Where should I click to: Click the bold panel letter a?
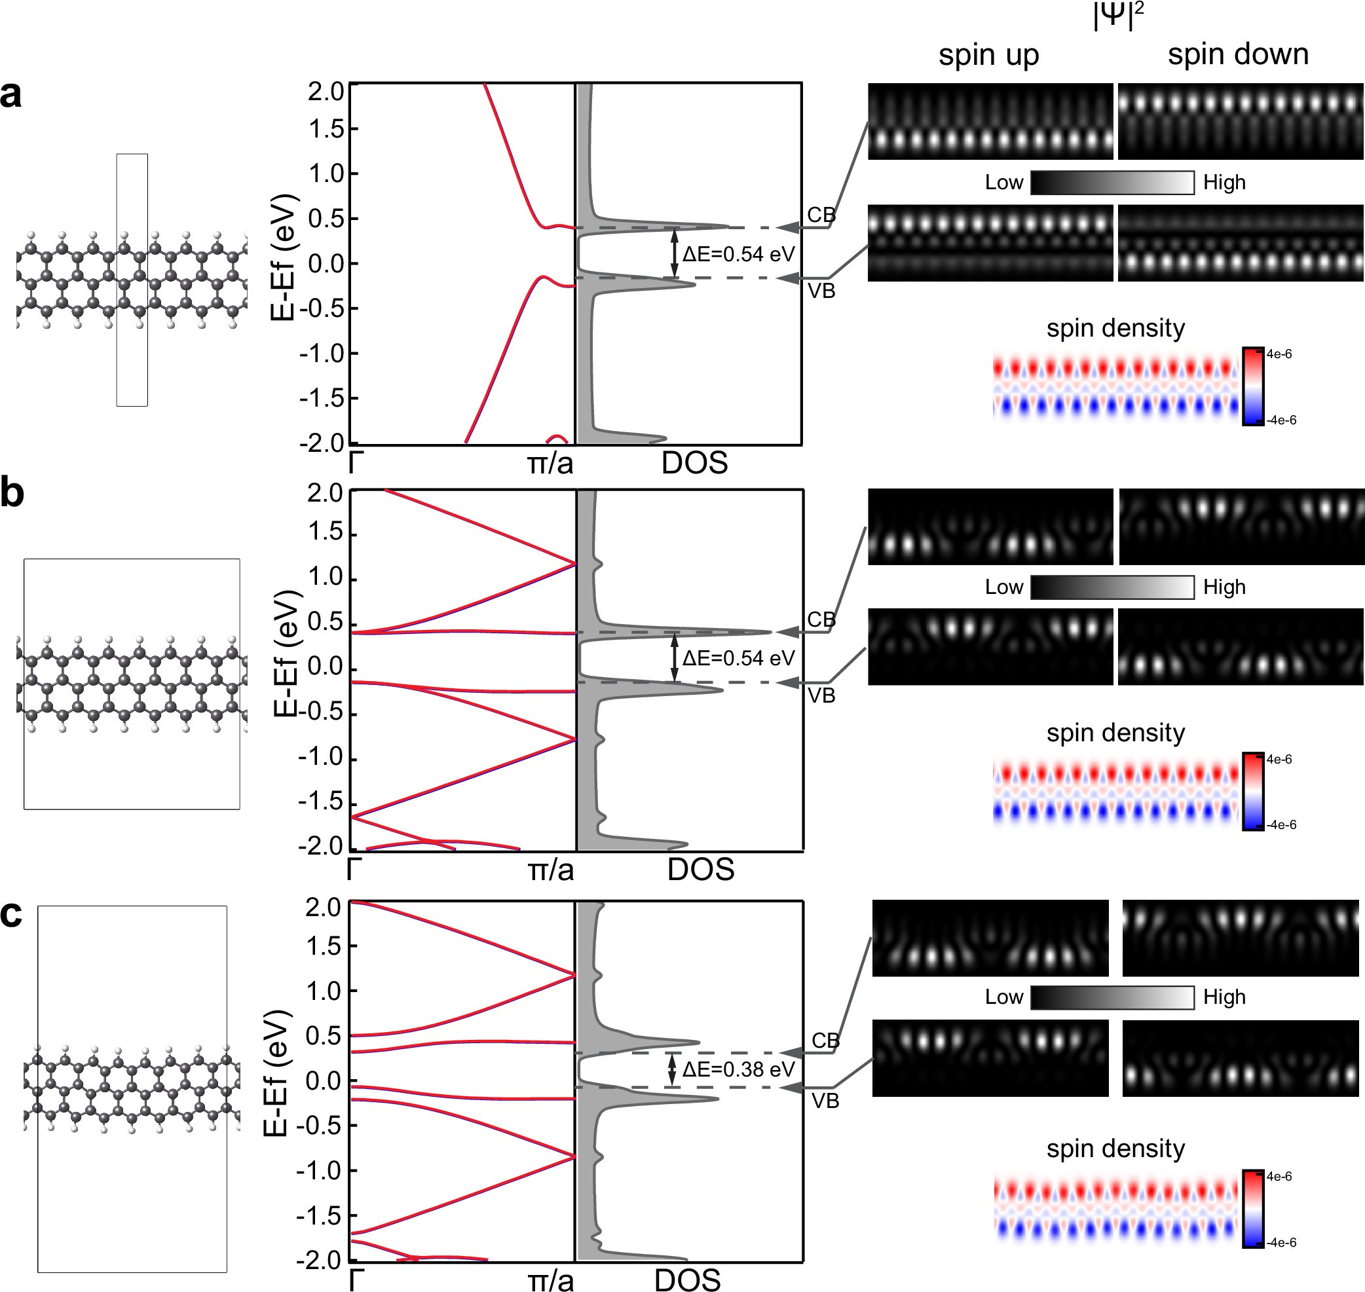click(x=11, y=94)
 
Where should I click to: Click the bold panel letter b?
click(x=12, y=493)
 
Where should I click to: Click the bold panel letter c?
click(x=11, y=914)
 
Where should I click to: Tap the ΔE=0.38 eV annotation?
click(x=738, y=1069)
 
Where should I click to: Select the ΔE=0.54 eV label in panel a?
click(x=738, y=254)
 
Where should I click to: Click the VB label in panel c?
click(x=825, y=1101)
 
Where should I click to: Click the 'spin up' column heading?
click(x=988, y=55)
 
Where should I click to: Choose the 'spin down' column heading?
click(x=1237, y=54)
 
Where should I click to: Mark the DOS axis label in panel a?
click(x=694, y=463)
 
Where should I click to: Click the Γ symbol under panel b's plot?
click(x=354, y=869)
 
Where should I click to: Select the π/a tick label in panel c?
click(x=550, y=1280)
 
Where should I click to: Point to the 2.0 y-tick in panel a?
click(x=326, y=91)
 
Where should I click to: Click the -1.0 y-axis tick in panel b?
click(x=320, y=757)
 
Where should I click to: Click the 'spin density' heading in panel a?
click(x=1115, y=328)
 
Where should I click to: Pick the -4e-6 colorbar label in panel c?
click(x=1281, y=1242)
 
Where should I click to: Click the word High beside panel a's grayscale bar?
click(x=1224, y=183)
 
